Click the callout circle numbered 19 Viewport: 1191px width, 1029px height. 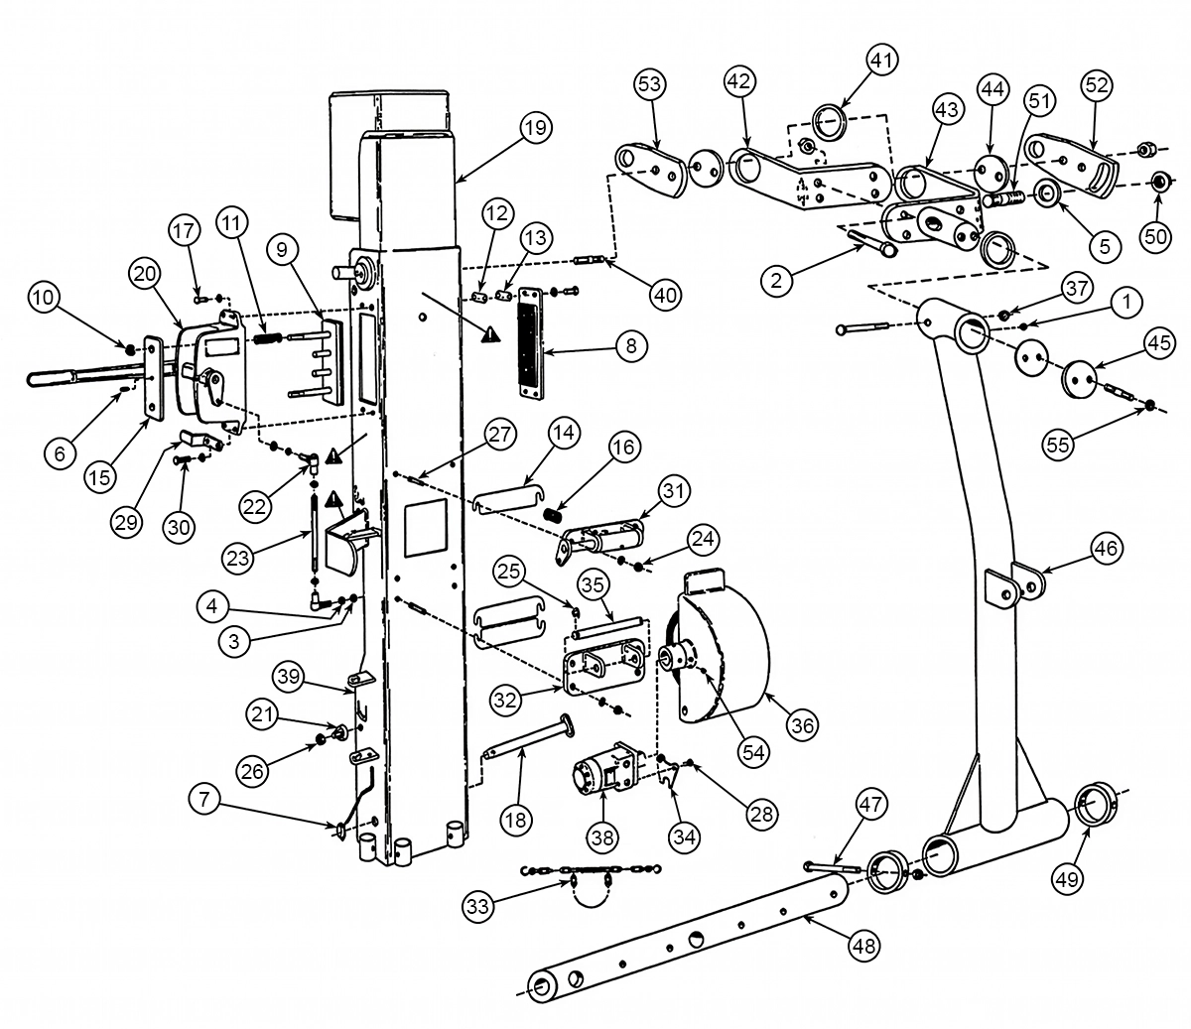[x=535, y=127]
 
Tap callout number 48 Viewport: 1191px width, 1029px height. [x=863, y=946]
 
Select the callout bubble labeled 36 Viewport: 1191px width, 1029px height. [x=803, y=725]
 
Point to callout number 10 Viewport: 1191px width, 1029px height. [x=44, y=298]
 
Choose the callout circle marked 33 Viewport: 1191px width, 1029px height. [x=478, y=906]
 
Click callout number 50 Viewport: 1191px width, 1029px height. [x=1155, y=237]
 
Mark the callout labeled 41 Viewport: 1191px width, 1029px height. [x=882, y=61]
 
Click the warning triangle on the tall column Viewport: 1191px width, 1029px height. [x=490, y=334]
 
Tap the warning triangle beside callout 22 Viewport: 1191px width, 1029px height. [x=333, y=456]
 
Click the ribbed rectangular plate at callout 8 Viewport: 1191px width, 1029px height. [x=533, y=342]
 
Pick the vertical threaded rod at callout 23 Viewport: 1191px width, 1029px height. [x=315, y=533]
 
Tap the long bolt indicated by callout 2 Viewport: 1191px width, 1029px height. [x=872, y=243]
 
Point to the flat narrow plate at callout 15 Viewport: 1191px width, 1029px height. [x=153, y=377]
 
